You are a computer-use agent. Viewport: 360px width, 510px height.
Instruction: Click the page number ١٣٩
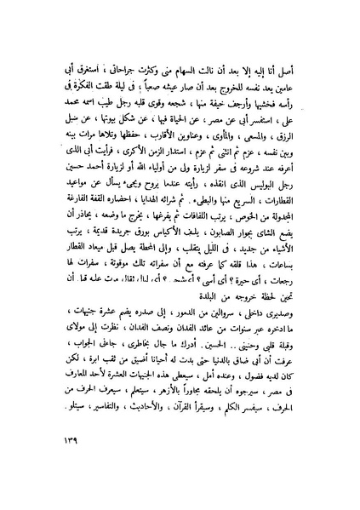pos(56,467)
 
